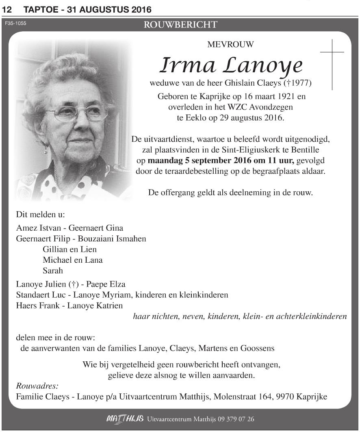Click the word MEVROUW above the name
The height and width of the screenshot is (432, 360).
pos(230,45)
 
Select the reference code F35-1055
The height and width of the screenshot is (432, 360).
pos(15,24)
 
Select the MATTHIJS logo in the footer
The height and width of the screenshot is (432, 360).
pos(124,419)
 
